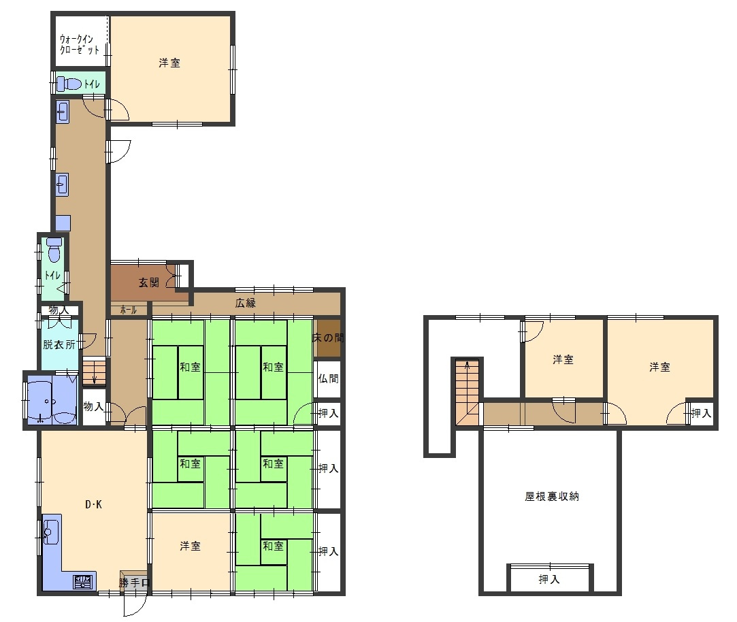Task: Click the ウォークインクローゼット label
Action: coord(80,44)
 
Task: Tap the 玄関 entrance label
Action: coord(149,282)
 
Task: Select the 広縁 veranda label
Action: coord(246,304)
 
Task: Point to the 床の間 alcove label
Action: coord(329,338)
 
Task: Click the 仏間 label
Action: coord(328,378)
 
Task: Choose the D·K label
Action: coord(93,504)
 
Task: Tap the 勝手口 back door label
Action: coord(135,583)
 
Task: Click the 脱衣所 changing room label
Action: coord(59,344)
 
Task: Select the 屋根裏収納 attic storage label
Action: coord(552,496)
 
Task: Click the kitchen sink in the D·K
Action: coord(50,531)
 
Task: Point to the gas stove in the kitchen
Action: coord(83,582)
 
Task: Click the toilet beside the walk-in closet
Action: coord(69,84)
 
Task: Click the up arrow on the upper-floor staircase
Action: coord(467,365)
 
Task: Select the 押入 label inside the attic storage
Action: coord(549,579)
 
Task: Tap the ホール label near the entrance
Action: coord(128,310)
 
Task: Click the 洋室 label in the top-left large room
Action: coord(169,63)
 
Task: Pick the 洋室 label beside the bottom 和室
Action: coord(190,546)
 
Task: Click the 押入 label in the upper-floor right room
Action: coord(702,413)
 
